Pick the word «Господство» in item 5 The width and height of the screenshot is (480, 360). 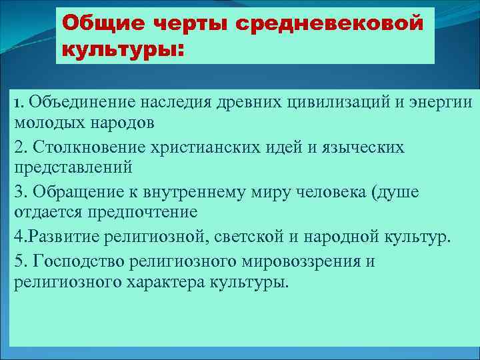[x=73, y=261]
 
